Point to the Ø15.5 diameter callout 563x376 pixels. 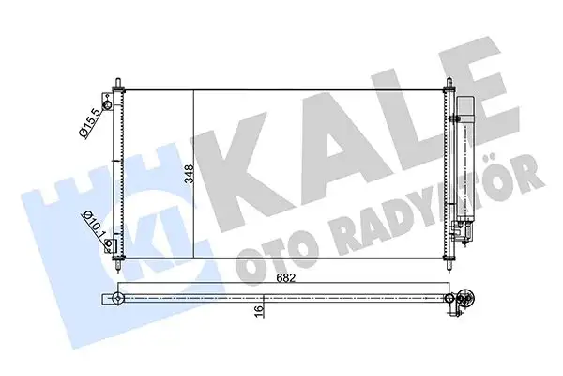(89, 122)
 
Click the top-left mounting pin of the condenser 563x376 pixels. (117, 83)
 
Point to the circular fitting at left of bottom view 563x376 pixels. (118, 299)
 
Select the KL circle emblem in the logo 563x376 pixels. (156, 226)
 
